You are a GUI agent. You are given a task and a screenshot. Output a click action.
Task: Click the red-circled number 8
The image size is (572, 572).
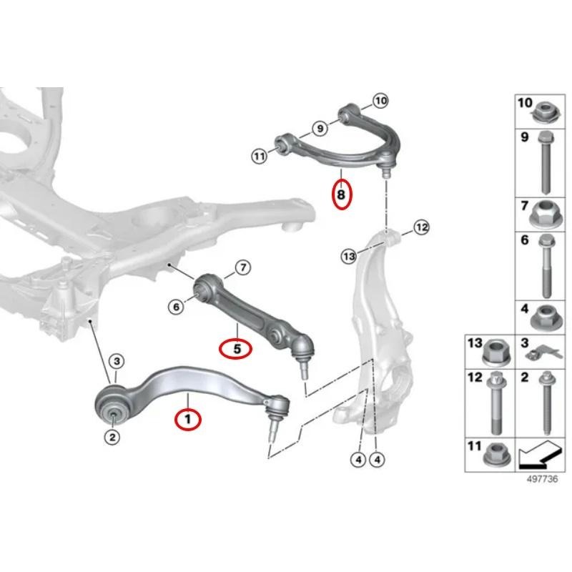point(342,193)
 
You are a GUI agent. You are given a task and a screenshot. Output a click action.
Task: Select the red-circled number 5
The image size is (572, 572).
point(235,349)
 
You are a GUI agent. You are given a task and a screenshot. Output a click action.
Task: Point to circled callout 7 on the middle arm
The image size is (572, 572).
point(242,268)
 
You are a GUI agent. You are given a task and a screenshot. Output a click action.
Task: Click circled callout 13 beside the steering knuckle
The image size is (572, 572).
point(348,255)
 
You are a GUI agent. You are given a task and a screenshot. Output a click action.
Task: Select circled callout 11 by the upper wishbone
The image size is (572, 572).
point(259,154)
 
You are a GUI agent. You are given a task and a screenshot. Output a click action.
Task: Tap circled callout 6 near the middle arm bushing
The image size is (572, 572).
point(176,307)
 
